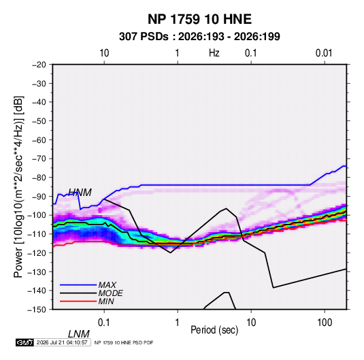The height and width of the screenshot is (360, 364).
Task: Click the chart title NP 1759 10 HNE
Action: pyautogui.click(x=199, y=19)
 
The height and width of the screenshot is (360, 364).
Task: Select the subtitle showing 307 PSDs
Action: pyautogui.click(x=199, y=37)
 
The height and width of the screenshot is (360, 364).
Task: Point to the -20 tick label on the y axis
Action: pyautogui.click(x=39, y=65)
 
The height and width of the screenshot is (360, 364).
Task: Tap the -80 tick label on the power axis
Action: pyautogui.click(x=39, y=178)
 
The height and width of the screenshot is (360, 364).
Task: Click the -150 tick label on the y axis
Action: pyautogui.click(x=37, y=310)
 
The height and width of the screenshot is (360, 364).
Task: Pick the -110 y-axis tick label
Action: pyautogui.click(x=37, y=234)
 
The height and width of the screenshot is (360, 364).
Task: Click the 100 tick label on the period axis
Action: pyautogui.click(x=325, y=323)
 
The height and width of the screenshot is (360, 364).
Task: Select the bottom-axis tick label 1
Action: pyautogui.click(x=178, y=323)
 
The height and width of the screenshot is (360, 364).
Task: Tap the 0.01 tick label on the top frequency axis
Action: pyautogui.click(x=324, y=53)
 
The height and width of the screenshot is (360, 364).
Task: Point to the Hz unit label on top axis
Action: pyautogui.click(x=214, y=53)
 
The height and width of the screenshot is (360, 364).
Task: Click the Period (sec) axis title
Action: pyautogui.click(x=214, y=330)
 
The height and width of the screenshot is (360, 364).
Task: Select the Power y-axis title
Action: pyautogui.click(x=18, y=186)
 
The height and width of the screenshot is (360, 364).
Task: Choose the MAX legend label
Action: pyautogui.click(x=107, y=284)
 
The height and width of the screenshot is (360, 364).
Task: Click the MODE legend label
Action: pyautogui.click(x=110, y=293)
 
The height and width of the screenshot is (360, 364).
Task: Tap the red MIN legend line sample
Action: pyautogui.click(x=78, y=301)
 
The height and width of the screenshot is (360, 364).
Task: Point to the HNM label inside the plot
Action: pyautogui.click(x=80, y=193)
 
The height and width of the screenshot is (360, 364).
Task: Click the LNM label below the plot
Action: pyautogui.click(x=79, y=334)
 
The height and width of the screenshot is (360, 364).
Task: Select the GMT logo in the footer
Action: pyautogui.click(x=25, y=342)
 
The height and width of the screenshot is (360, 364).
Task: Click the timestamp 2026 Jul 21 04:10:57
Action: pyautogui.click(x=62, y=342)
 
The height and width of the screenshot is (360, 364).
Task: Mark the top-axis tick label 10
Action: pyautogui.click(x=104, y=53)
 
